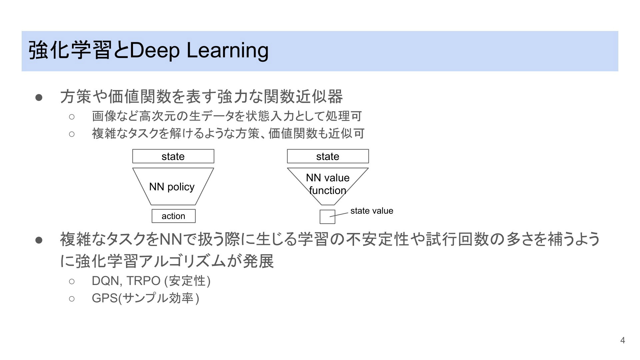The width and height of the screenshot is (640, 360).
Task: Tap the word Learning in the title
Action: pos(227,50)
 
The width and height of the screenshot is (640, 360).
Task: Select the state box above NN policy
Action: pos(173,156)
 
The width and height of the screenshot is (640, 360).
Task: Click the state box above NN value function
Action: pos(328,156)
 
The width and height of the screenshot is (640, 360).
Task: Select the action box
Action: pos(174,216)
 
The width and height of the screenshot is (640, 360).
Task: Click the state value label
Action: pos(372,211)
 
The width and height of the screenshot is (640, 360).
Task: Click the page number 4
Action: pos(622,340)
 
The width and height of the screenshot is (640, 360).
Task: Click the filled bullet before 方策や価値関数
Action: pos(39,97)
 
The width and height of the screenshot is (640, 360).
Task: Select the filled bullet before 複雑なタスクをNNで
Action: pos(39,240)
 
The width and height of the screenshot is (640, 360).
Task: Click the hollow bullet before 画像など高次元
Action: pos(72,116)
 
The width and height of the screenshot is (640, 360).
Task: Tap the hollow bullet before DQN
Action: pos(72,281)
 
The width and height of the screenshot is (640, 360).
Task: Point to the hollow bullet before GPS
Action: pos(72,298)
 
